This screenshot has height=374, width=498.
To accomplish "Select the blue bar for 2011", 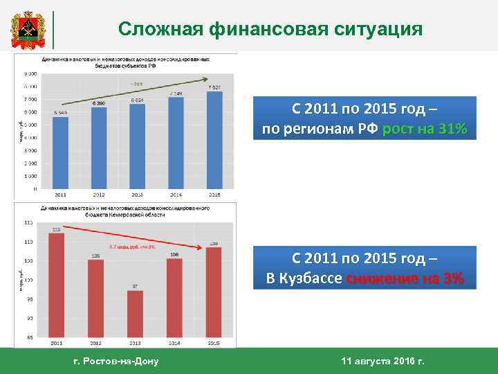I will [x=60, y=152].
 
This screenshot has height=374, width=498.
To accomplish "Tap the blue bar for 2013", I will [x=138, y=146].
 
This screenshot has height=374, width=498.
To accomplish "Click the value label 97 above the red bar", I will [x=135, y=286].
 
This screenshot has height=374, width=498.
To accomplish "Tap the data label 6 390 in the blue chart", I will [x=99, y=103].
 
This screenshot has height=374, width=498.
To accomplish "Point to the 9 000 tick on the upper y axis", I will [x=31, y=73].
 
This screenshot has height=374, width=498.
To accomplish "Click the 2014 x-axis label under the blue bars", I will [x=176, y=194].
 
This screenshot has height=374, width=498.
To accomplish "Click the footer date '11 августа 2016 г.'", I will [x=383, y=361].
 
